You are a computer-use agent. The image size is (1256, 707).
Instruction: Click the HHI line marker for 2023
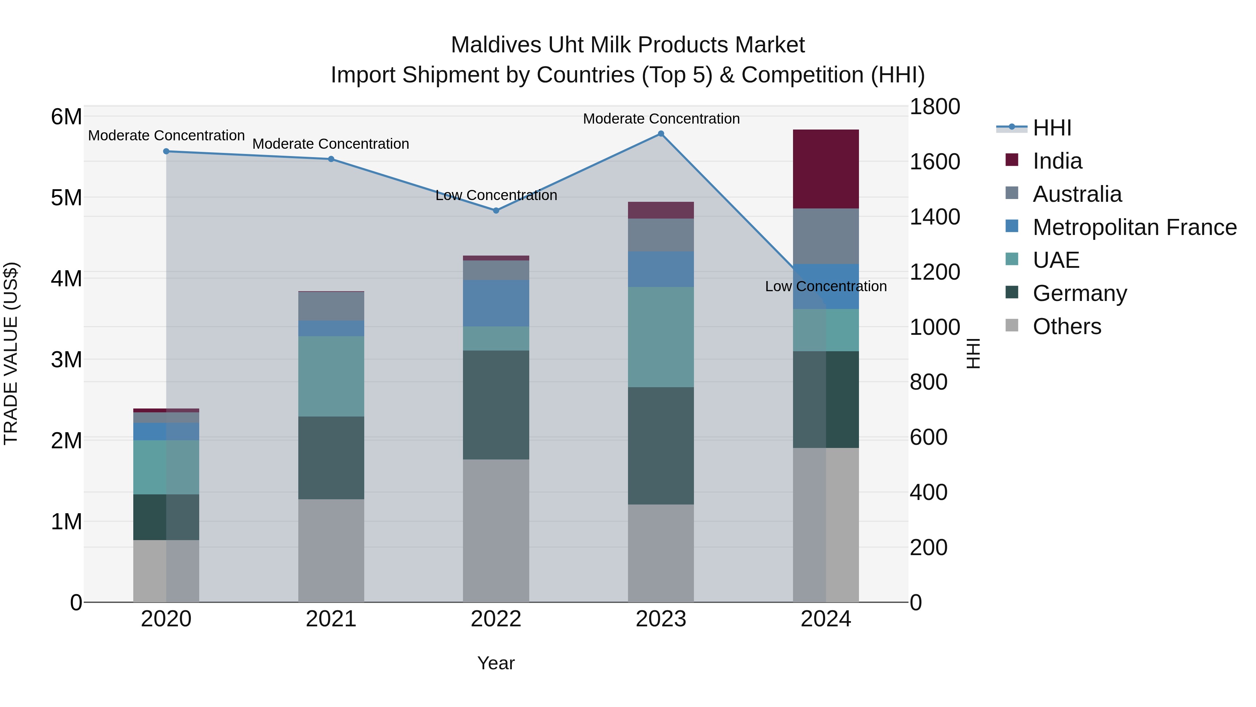[x=661, y=134]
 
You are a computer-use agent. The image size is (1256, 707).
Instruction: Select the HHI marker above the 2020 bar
[x=166, y=151]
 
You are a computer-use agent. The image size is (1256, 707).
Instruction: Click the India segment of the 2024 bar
[x=825, y=169]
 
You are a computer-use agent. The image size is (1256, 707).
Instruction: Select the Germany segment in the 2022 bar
[x=496, y=405]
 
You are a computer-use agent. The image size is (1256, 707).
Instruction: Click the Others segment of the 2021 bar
[x=331, y=550]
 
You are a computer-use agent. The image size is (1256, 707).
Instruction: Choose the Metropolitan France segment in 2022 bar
[x=496, y=303]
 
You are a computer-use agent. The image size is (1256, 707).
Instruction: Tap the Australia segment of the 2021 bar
[x=331, y=306]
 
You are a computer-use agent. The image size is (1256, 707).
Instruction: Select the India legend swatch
[x=1012, y=160]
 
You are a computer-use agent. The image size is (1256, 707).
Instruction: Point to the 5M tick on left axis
[x=66, y=198]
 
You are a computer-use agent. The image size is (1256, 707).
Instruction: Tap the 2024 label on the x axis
[x=825, y=619]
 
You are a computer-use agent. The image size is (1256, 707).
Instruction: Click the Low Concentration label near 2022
[x=496, y=195]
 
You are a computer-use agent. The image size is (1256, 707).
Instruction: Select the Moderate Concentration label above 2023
[x=661, y=119]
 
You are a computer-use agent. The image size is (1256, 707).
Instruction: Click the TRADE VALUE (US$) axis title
[x=11, y=353]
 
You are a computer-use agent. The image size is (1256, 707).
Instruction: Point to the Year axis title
[x=496, y=663]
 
